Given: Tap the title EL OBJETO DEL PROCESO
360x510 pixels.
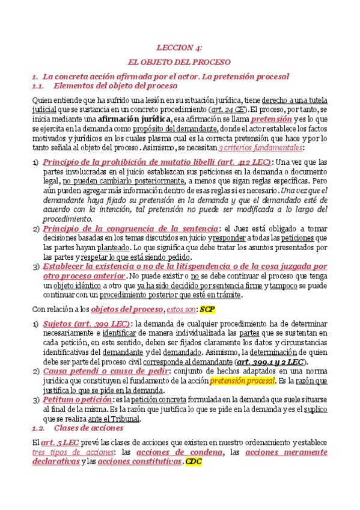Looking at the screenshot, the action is [x=180, y=61].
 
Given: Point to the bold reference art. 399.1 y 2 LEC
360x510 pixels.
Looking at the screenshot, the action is [x=270, y=361].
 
